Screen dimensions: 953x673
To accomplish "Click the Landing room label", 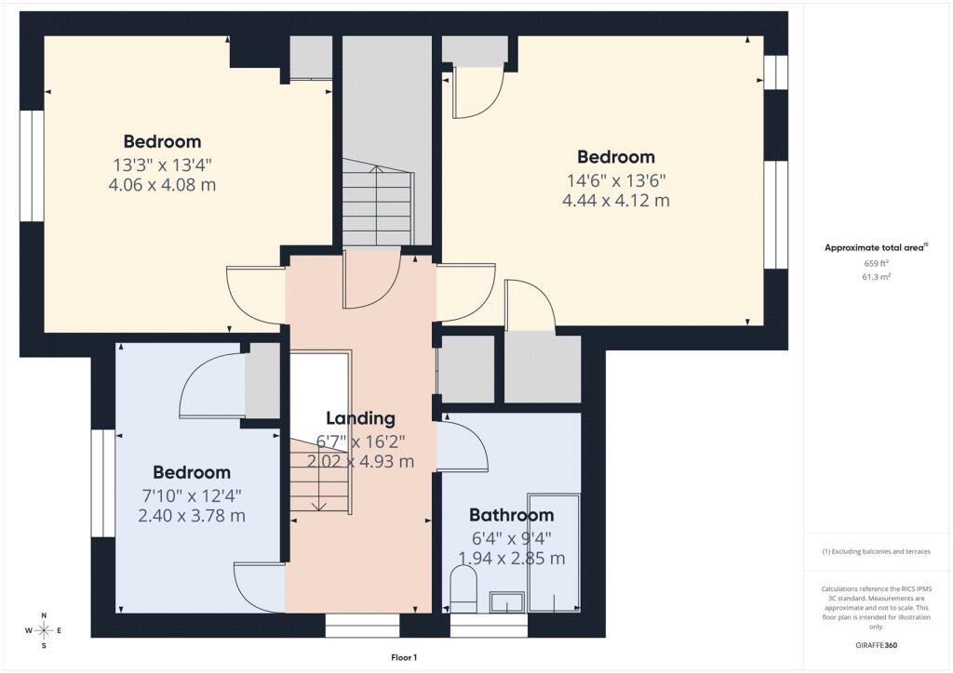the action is pos(360,418).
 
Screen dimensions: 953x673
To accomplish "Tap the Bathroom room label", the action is pos(511,515).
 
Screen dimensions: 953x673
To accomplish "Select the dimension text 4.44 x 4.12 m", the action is pos(616,200).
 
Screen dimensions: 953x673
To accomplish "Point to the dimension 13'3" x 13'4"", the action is pos(162,165).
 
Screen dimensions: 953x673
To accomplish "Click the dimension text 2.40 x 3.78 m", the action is pos(192,516).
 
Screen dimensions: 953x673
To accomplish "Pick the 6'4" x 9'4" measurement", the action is pos(511,538).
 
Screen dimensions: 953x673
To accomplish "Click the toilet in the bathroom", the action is pos(463,589).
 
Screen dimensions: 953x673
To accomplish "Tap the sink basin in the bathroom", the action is pos(507,602).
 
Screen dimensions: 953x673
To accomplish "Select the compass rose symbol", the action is pos(44,630).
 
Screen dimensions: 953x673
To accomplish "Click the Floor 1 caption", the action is pos(404,657).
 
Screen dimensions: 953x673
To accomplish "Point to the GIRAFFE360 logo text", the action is pos(876,645).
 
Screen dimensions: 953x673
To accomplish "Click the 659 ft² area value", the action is pos(877,263).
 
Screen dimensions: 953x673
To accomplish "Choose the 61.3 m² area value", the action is pos(877,277).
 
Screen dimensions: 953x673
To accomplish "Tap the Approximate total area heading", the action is pos(876,247).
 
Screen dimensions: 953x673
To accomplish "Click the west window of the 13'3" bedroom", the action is pos(33,165).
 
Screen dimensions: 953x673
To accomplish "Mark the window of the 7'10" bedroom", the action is pos(103,483).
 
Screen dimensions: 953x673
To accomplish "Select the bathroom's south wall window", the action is pos(490,625).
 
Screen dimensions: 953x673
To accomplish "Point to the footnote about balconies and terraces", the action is pos(876,551).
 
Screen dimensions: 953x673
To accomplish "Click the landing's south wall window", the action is pos(362,625).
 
